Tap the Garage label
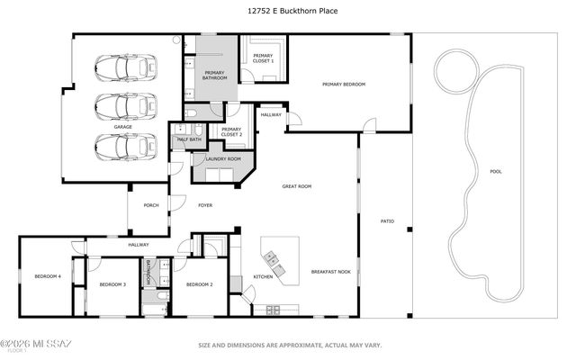point(123,127)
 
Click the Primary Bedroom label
point(345,85)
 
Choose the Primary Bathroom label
point(215,75)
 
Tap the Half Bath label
point(189,139)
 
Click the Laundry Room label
point(223,159)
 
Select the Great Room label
point(297,186)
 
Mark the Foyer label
point(205,205)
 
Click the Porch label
point(151,205)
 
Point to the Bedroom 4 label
point(48,276)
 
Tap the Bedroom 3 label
point(112,284)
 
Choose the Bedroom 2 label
point(199,284)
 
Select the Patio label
point(388,220)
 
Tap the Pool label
point(496,171)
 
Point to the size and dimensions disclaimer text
point(290,345)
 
